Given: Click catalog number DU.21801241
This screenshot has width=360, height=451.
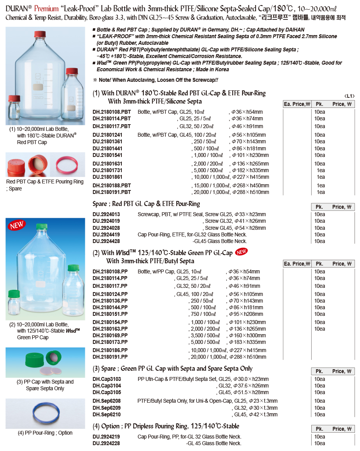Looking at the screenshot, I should (x=108, y=135).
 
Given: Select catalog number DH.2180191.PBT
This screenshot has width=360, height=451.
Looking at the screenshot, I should (x=112, y=192).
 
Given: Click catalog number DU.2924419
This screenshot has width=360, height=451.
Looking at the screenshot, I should (x=106, y=234).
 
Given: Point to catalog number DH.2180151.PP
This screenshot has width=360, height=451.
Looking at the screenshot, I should (x=110, y=314).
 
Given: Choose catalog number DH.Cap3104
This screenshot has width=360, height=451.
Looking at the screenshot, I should (x=107, y=386).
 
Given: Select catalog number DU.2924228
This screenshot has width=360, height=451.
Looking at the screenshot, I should (x=106, y=443).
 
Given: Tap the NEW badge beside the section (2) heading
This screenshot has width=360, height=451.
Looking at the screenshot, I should (x=242, y=252).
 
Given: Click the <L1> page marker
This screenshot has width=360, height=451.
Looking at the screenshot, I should (x=349, y=96).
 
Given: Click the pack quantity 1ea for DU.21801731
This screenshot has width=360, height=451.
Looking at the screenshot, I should (x=321, y=171).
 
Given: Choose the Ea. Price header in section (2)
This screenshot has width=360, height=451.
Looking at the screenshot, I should (x=297, y=264).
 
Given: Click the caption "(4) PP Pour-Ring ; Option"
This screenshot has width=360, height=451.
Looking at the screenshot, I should (x=45, y=433).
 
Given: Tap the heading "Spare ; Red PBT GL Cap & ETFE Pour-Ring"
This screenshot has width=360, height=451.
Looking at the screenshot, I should (x=146, y=204).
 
